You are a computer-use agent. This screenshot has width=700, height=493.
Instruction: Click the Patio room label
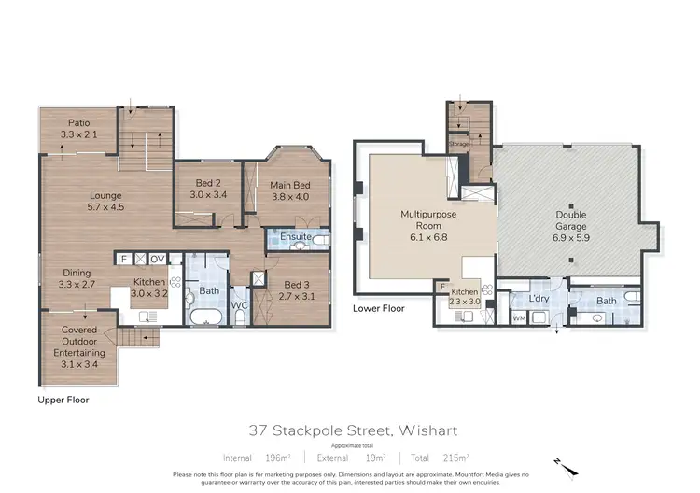(x=78, y=129)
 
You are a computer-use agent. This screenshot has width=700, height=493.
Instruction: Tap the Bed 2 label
(x=208, y=189)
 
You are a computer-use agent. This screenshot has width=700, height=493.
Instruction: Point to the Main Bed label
(x=290, y=190)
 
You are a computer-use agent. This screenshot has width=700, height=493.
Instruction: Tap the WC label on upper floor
(x=238, y=304)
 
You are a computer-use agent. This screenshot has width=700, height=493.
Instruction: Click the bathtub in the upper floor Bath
(x=203, y=317)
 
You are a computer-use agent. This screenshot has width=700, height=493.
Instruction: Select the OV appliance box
(x=158, y=258)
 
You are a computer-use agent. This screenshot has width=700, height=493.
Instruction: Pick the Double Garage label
(x=571, y=220)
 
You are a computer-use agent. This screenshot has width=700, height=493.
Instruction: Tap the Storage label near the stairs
(x=457, y=145)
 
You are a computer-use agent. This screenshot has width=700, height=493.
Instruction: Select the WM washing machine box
(x=519, y=318)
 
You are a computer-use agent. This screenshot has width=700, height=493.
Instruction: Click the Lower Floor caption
(x=378, y=307)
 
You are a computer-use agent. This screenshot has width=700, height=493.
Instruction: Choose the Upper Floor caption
(x=63, y=400)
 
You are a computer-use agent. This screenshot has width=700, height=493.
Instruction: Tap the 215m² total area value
(x=455, y=458)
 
